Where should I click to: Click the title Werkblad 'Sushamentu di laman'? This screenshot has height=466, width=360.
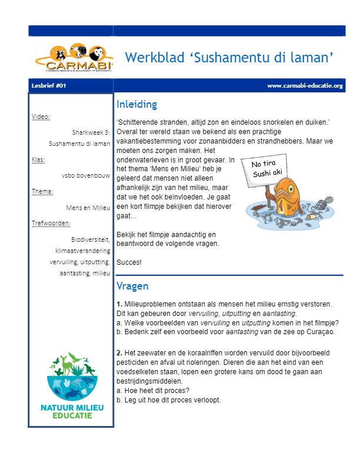pos(229,57)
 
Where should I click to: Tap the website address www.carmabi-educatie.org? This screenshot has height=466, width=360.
pos(305,86)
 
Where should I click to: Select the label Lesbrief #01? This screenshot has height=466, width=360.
pos(49,86)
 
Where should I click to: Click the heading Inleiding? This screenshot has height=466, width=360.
pos(137,105)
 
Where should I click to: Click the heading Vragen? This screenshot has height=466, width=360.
pos(132,287)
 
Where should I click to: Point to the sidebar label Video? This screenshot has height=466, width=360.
pos(41,116)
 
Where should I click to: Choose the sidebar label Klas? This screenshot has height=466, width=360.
pos(38,159)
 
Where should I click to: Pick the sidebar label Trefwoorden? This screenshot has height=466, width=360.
pos(51,223)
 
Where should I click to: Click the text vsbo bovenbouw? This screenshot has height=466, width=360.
pos(86,175)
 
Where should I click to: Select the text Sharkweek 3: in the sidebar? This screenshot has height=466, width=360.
pos(91,132)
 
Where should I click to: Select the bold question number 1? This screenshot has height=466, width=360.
pos(119,304)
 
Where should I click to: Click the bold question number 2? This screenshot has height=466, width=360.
pos(119,351)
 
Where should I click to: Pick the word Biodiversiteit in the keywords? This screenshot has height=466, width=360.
pos(91,239)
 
